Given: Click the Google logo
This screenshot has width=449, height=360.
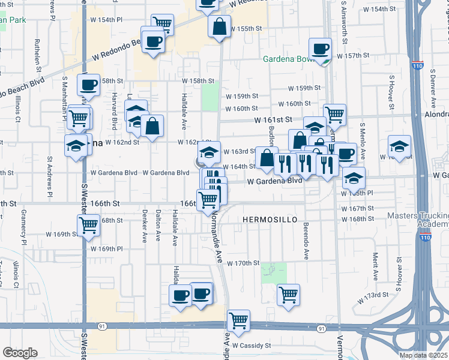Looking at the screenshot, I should (20, 353).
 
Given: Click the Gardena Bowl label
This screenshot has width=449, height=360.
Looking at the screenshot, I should (291, 59).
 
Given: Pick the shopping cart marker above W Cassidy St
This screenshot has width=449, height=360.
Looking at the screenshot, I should (239, 320).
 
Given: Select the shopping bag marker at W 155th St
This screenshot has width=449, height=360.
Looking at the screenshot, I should (219, 26).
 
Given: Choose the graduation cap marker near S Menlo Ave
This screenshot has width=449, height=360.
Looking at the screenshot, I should (354, 178).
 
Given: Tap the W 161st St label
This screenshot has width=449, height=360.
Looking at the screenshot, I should (273, 120).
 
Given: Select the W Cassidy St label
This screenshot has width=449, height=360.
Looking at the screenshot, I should (252, 346).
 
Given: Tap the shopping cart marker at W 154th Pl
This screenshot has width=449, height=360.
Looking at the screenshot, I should (162, 24).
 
